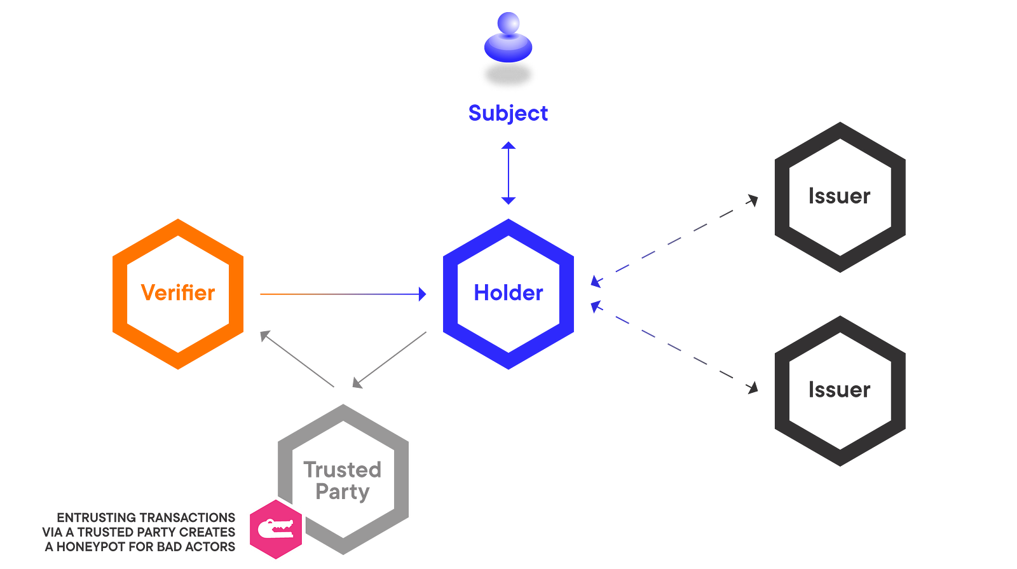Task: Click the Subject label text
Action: coord(508,113)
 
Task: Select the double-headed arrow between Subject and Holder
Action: coord(508,174)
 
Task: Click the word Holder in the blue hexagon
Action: coord(508,293)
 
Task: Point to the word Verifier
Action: coord(178,293)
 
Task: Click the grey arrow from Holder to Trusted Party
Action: coord(389,360)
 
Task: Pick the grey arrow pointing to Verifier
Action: coord(297,359)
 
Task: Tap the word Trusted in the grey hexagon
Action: coord(343,470)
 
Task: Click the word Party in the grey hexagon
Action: coord(343,492)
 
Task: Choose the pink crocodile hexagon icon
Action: coord(275,528)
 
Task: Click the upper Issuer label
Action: coord(839,196)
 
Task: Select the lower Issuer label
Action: coord(839,389)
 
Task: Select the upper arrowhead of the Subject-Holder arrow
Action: coord(508,146)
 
